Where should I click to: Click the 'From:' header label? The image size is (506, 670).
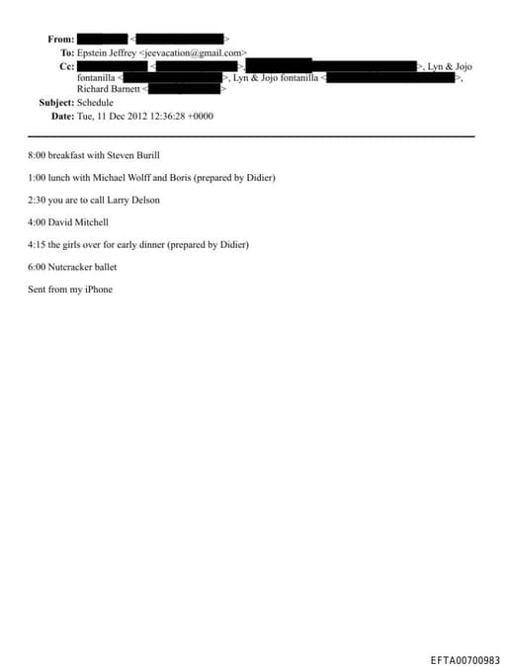[60, 40]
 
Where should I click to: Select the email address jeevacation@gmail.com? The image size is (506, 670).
[194, 51]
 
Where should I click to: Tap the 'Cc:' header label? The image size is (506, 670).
[67, 65]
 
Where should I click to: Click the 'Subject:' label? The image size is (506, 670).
[56, 102]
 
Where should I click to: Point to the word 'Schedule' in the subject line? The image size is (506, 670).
[96, 102]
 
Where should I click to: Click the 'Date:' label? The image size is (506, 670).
[62, 116]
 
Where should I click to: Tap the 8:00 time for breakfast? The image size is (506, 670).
[38, 155]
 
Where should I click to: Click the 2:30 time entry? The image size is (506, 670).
[38, 201]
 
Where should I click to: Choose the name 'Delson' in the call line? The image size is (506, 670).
[142, 201]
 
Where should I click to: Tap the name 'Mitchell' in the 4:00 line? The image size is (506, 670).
[90, 222]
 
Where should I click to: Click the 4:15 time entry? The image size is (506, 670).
[38, 244]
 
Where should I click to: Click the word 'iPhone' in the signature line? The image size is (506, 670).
[98, 290]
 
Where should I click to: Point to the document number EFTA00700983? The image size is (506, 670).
[464, 660]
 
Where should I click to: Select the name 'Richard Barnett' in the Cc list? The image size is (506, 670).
[110, 89]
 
